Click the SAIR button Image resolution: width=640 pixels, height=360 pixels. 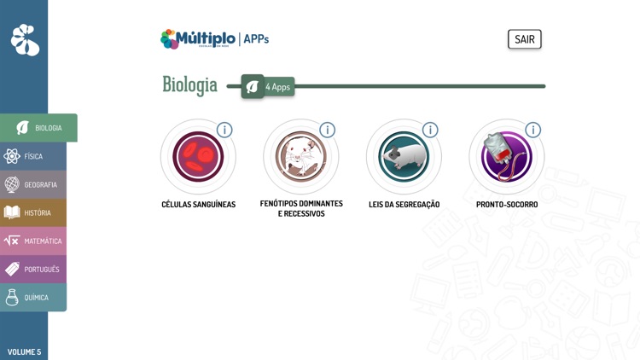[524, 39]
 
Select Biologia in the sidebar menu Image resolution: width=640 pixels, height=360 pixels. [38, 128]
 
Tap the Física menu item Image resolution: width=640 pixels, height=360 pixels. [33, 156]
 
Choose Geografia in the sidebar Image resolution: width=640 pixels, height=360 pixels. [33, 184]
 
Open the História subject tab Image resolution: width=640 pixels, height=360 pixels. [33, 212]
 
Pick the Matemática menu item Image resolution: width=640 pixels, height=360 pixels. [33, 241]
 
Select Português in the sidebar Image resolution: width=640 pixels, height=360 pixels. [33, 269]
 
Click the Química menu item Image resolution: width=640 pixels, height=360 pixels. [33, 297]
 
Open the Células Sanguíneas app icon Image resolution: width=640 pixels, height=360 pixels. [198, 157]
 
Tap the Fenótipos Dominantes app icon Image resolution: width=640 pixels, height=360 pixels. [300, 157]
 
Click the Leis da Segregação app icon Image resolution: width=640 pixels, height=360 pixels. [404, 157]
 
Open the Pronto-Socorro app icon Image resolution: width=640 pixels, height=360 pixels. [506, 157]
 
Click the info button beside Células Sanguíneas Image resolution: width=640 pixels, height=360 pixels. [224, 130]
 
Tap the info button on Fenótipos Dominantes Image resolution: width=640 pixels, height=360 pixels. [327, 130]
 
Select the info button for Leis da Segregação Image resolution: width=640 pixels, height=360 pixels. [430, 130]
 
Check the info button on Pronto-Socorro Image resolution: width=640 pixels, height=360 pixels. [532, 130]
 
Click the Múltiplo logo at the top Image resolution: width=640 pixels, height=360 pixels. [198, 38]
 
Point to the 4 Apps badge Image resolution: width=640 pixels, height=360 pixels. [268, 86]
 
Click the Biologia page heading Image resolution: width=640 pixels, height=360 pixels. [189, 84]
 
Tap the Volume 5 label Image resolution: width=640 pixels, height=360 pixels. [24, 351]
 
